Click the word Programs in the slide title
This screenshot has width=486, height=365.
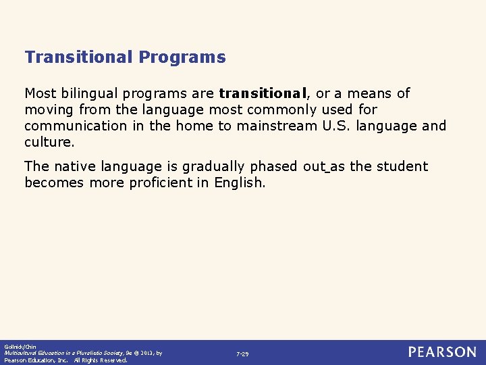click(x=182, y=57)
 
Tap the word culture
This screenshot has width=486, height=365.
click(x=49, y=142)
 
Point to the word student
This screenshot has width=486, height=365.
click(x=404, y=166)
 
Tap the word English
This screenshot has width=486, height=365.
click(x=240, y=182)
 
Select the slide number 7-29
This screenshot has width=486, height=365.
click(x=242, y=354)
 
